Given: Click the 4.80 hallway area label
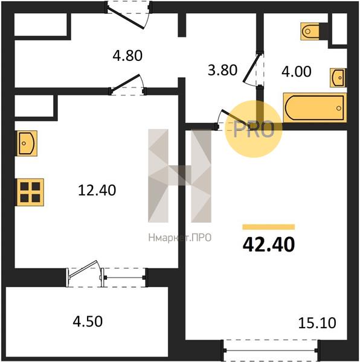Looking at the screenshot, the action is click(x=127, y=56).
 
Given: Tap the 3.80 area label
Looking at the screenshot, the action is click(x=222, y=70).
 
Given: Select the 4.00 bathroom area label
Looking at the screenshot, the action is click(x=296, y=71).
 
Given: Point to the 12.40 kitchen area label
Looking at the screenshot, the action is click(x=97, y=191).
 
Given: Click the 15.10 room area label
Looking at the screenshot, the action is click(x=317, y=323).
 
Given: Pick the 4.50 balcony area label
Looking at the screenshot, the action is click(x=88, y=322).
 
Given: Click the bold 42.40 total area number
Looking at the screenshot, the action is click(x=269, y=244).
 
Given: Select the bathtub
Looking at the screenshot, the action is click(x=315, y=107).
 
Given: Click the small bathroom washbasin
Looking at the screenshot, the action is click(x=338, y=78).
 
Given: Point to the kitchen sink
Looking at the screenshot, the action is click(x=27, y=143).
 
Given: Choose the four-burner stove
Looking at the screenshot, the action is click(x=30, y=192).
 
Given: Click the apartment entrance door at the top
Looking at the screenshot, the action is click(x=129, y=15).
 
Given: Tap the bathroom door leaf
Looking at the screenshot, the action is click(x=251, y=68).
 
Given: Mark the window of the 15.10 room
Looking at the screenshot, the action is click(x=270, y=350).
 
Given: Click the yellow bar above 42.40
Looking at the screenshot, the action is click(x=269, y=227).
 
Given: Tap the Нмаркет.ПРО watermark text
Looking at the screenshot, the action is click(x=180, y=238).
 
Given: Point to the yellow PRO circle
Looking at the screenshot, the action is click(x=254, y=129).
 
